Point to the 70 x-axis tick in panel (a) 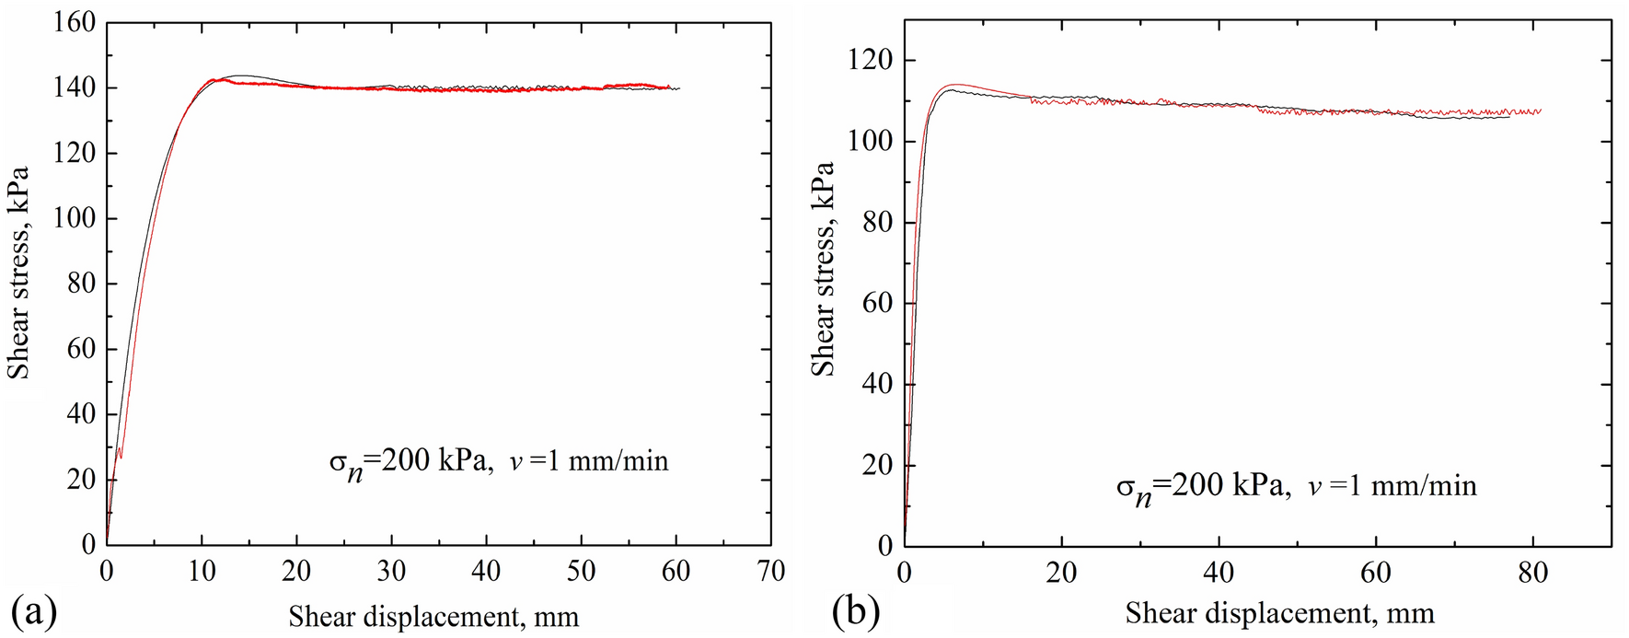771,573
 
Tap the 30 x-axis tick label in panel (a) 391,573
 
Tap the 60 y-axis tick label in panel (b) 878,303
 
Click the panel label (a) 33,611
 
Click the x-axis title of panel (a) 433,616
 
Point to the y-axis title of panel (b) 822,269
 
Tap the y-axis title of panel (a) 18,273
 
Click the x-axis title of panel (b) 1279,613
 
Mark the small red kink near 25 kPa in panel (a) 120,452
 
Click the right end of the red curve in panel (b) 1541,111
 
